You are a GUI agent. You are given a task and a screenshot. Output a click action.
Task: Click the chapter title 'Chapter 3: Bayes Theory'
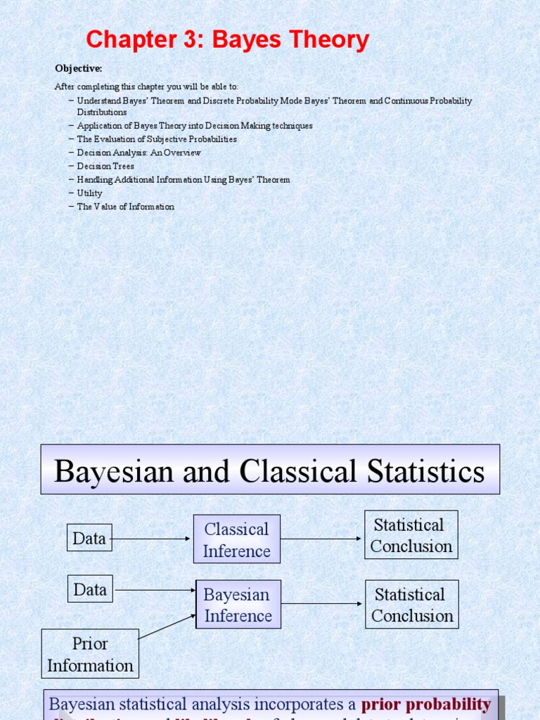tap(227, 40)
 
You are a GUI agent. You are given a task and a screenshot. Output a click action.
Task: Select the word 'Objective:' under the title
tap(79, 68)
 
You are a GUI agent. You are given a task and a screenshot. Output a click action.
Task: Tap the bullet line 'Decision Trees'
tap(105, 166)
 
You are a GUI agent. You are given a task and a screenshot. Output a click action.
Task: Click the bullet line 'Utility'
tap(89, 193)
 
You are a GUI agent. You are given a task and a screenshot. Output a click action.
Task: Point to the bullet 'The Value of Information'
tap(125, 207)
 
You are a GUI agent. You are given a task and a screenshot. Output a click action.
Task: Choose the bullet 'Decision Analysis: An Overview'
tap(139, 153)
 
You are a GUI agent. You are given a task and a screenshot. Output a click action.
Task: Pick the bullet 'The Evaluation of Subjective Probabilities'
tap(157, 139)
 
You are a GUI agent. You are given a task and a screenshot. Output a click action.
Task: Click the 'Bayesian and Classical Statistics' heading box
tap(270, 470)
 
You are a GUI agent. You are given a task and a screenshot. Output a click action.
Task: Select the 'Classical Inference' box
tap(236, 539)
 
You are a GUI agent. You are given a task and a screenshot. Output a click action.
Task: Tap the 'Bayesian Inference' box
tap(238, 605)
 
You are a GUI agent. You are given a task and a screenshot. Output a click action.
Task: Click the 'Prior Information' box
tap(90, 654)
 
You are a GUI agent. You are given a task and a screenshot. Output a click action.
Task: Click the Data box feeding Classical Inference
tap(89, 539)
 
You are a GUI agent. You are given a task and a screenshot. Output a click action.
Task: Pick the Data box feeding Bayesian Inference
tap(90, 589)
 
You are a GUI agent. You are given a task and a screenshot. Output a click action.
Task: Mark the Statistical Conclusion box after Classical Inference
tap(411, 535)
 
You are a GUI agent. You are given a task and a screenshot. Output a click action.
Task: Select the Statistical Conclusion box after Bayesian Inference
tap(412, 605)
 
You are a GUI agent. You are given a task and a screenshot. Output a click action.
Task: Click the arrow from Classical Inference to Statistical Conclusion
tap(321, 539)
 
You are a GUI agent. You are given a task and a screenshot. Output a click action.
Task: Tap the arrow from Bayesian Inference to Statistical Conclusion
tap(323, 604)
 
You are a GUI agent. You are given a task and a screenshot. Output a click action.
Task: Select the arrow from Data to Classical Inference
tap(152, 539)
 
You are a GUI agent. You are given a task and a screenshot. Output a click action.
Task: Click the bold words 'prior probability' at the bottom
tap(426, 705)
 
